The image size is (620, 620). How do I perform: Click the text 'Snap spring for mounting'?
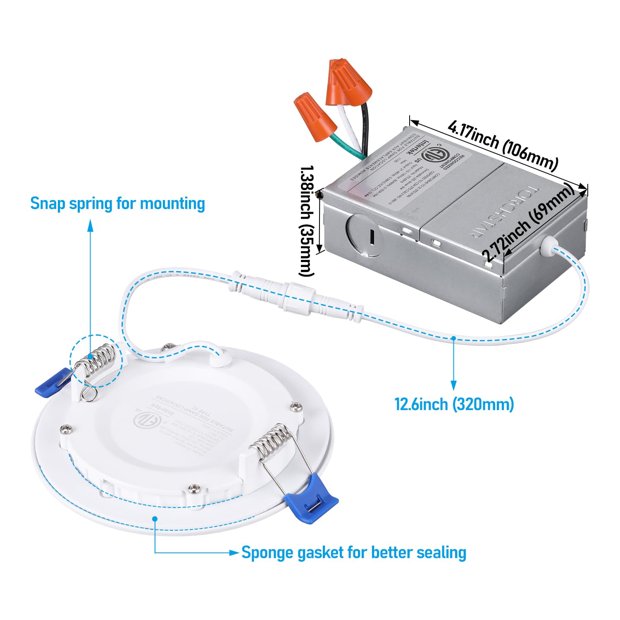coord(117,204)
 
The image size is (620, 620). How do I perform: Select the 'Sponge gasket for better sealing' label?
coord(353,552)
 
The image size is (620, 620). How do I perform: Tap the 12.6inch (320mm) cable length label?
coord(454,404)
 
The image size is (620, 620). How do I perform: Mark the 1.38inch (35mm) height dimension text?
coord(307,221)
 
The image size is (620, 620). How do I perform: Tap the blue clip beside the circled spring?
coord(52,382)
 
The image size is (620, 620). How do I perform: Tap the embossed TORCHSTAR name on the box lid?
coord(504,213)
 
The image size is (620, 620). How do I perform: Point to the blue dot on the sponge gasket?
coord(155,518)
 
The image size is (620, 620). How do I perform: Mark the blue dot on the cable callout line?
coord(453,338)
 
